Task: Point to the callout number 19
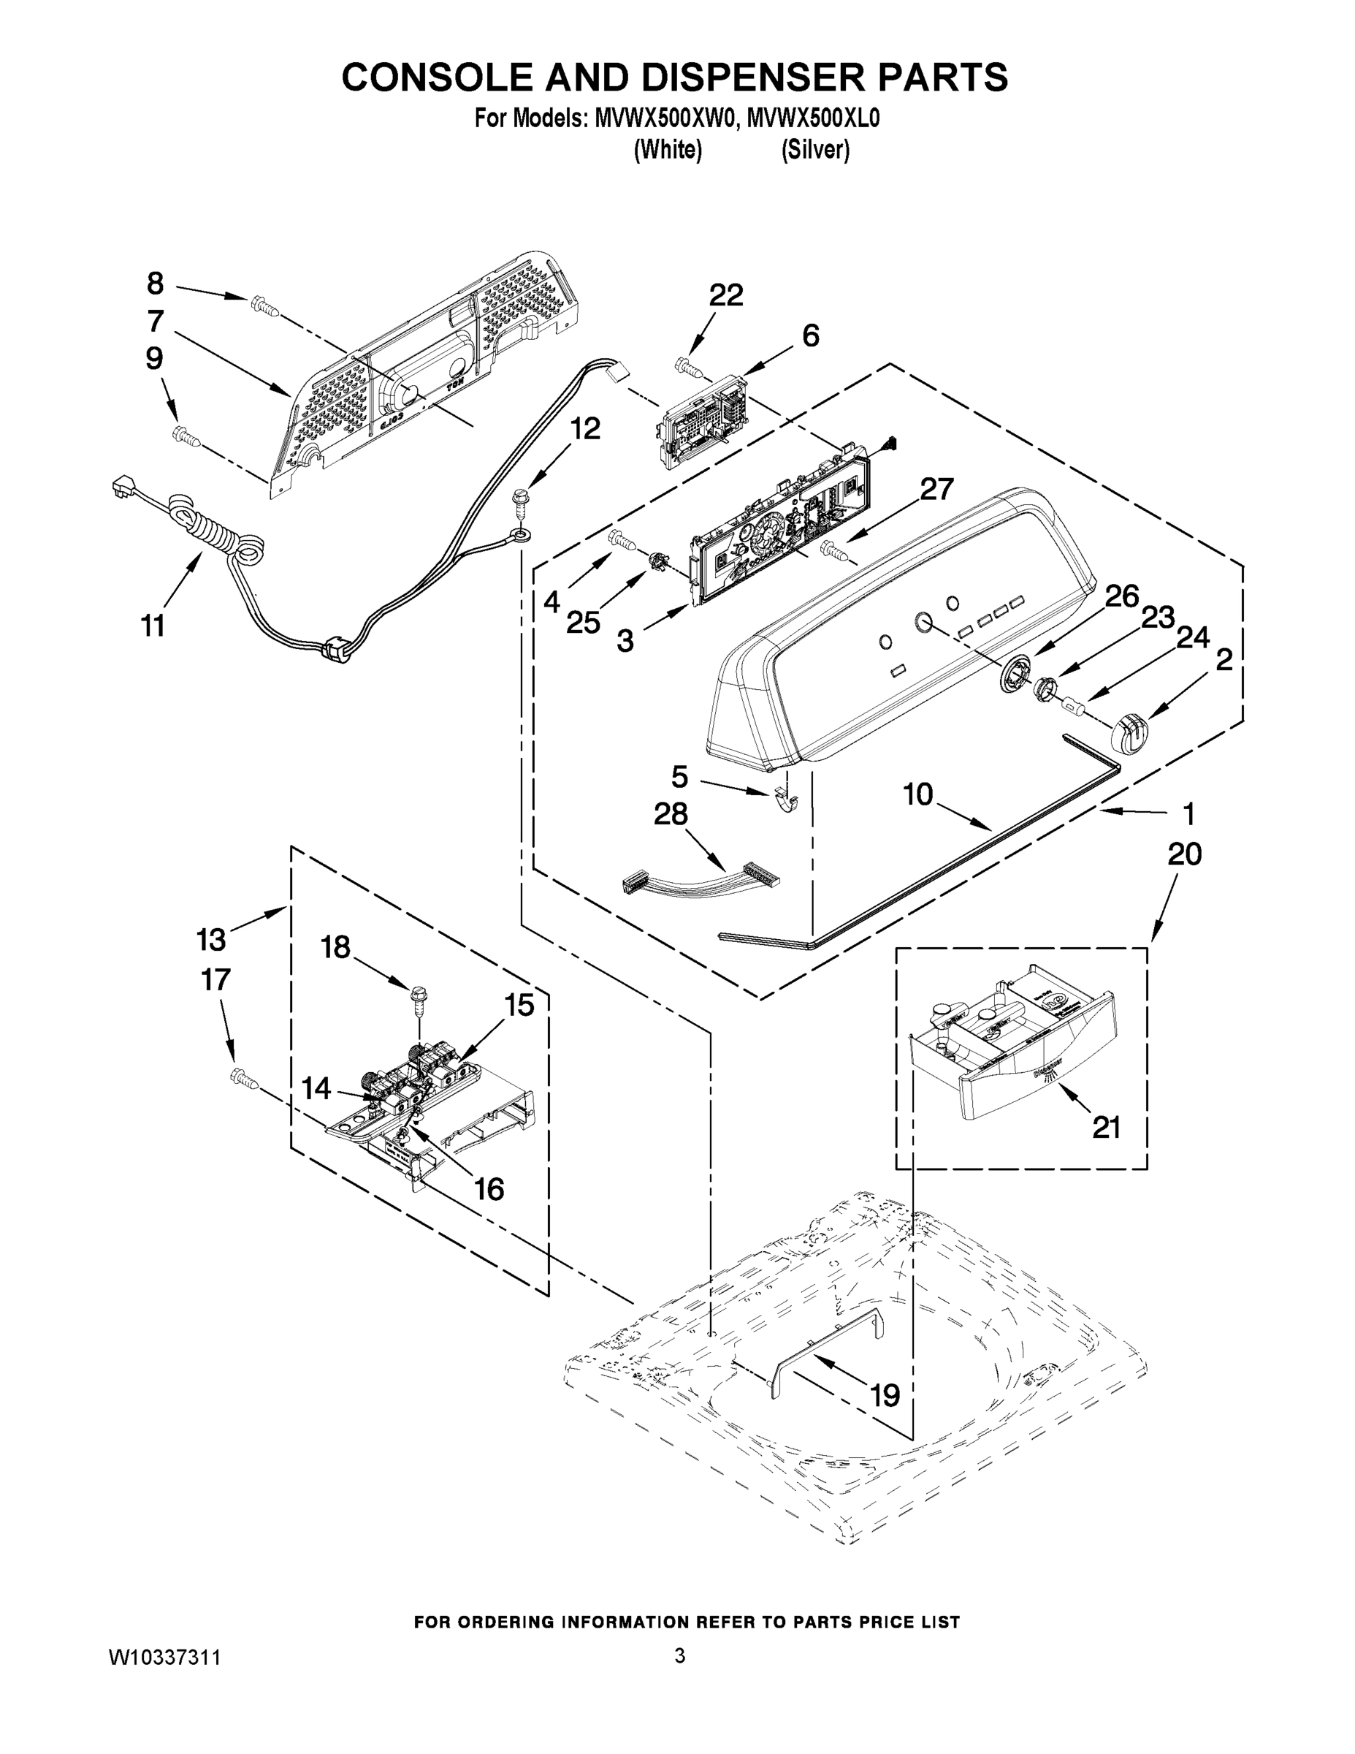click(x=885, y=1395)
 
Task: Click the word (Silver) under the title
click(x=814, y=150)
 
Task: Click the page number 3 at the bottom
click(x=679, y=1655)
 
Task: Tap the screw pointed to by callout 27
click(x=833, y=551)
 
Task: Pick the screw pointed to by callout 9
click(x=186, y=436)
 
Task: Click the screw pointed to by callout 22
click(x=689, y=368)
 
